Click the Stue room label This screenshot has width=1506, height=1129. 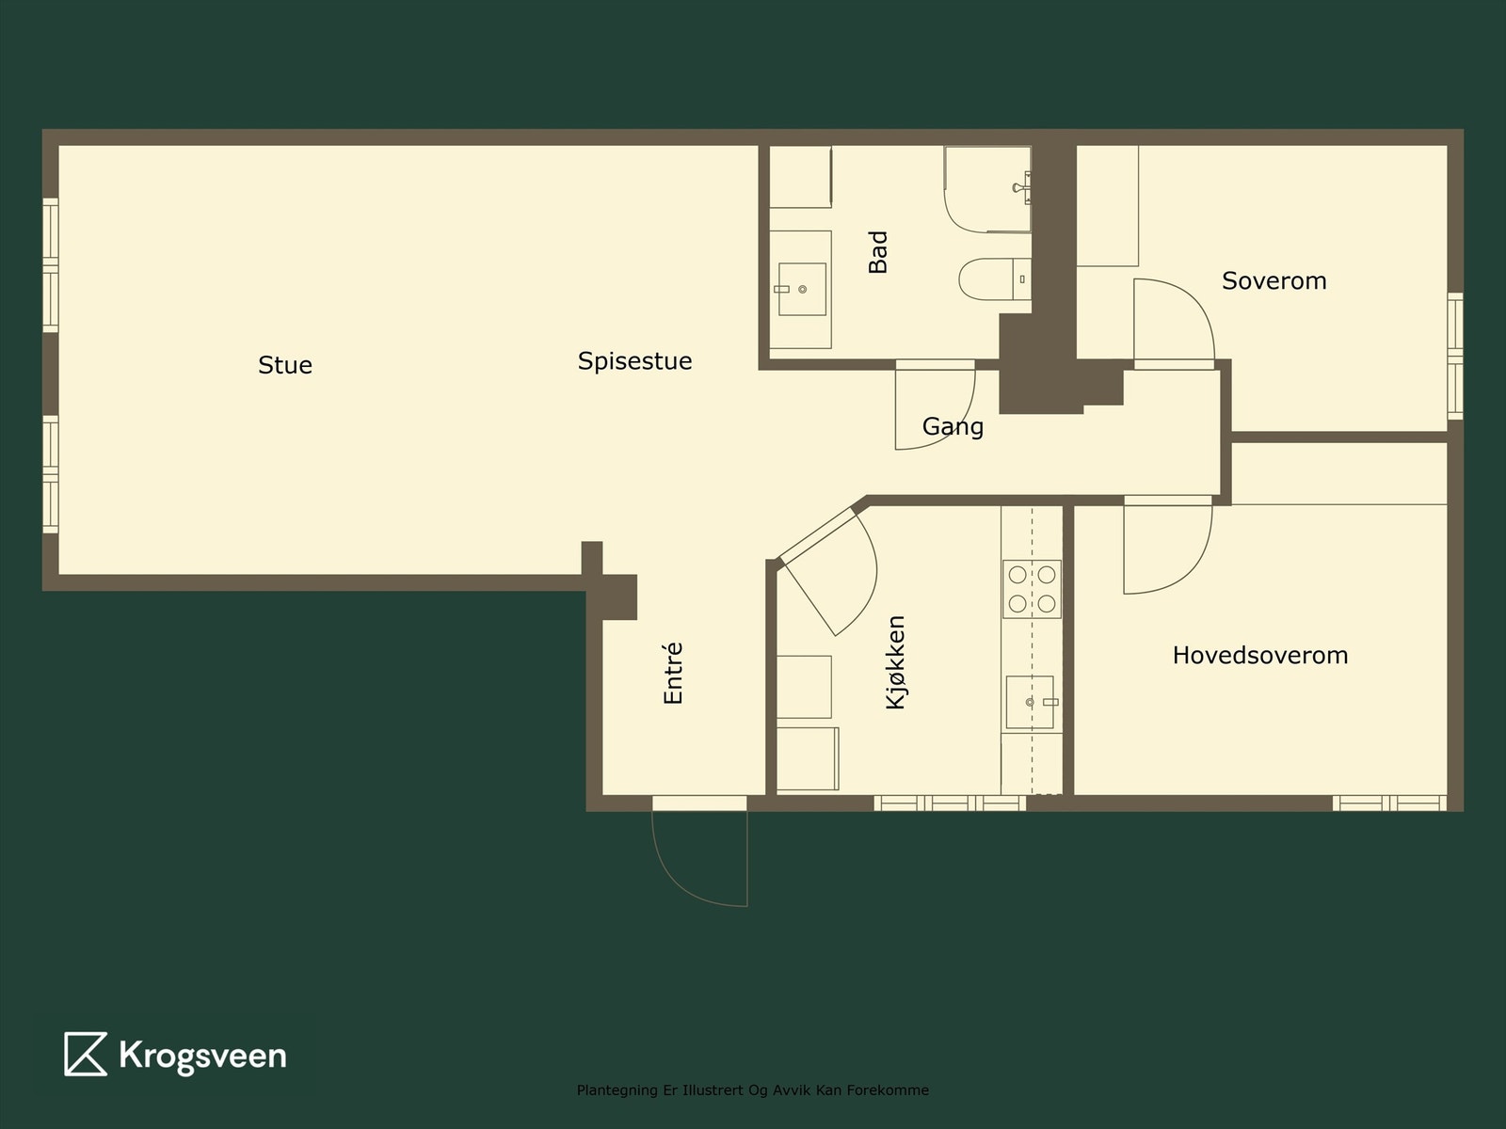tap(285, 365)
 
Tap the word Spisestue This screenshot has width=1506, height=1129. tap(634, 361)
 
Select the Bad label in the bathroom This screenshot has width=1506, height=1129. tap(877, 252)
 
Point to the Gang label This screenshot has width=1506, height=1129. tap(953, 426)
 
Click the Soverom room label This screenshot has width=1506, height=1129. tap(1274, 280)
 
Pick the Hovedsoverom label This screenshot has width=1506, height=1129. tap(1259, 655)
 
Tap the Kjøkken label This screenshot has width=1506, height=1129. tap(896, 661)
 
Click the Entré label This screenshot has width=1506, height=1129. tap(672, 674)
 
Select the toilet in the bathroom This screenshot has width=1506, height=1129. tap(988, 278)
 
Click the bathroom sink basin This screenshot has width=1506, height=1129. tap(802, 289)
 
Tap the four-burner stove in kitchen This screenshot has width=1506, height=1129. tap(1032, 589)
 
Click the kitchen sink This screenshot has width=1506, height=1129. tap(1030, 702)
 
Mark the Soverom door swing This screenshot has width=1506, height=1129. tap(1172, 320)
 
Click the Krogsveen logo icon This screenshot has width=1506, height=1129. tap(85, 1054)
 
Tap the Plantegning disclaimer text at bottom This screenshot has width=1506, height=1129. tap(752, 1090)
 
